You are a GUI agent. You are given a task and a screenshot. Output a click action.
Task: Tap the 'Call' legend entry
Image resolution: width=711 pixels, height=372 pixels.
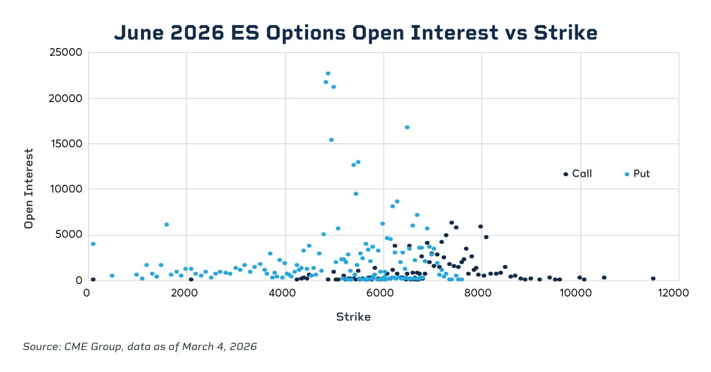[581, 174]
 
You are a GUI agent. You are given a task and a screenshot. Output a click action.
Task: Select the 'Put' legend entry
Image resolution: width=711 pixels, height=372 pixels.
[641, 174]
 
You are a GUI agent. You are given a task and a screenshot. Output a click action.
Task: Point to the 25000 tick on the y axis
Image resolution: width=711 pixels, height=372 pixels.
[66, 53]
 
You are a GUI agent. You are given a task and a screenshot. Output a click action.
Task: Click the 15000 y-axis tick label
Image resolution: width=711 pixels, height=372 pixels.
[66, 144]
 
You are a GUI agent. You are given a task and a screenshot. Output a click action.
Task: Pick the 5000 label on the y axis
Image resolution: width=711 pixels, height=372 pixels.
[68, 234]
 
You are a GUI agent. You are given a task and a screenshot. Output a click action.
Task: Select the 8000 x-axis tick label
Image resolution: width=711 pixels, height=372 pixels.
[482, 292]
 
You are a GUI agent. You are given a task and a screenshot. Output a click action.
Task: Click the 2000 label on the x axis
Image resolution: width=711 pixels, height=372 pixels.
[185, 292]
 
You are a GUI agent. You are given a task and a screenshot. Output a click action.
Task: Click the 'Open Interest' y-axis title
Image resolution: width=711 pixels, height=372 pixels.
[28, 189]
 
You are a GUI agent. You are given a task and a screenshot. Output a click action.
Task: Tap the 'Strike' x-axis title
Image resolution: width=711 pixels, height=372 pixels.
[353, 317]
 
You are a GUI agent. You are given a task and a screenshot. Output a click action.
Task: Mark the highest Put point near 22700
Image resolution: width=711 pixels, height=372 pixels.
[328, 74]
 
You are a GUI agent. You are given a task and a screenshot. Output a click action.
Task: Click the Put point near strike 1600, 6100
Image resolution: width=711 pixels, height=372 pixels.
[166, 224]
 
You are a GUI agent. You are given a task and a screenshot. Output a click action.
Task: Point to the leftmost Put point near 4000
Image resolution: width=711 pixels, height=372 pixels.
[93, 244]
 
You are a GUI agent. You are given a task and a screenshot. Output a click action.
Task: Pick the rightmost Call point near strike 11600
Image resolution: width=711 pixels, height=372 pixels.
[653, 278]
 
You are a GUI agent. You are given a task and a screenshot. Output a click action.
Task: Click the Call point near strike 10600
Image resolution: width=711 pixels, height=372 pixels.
[604, 277]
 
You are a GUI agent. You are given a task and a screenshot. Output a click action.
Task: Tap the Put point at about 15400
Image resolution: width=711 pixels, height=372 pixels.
[331, 140]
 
